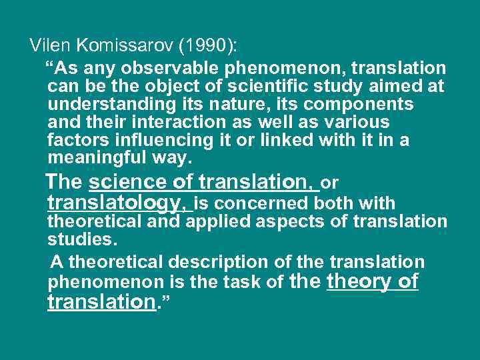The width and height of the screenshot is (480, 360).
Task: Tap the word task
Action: (x=243, y=283)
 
